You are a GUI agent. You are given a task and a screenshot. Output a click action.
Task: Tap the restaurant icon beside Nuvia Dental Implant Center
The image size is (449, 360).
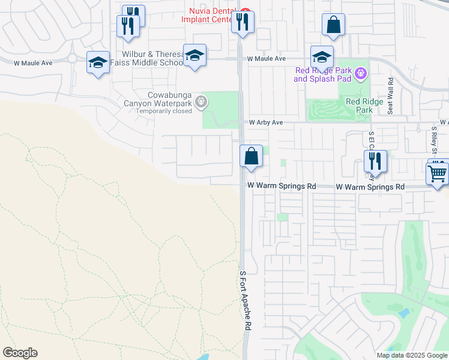pyautogui.click(x=243, y=23)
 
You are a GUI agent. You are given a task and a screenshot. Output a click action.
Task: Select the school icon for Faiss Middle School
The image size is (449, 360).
pyautogui.click(x=194, y=56)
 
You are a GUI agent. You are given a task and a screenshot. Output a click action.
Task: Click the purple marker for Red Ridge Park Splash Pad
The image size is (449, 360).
pyautogui.click(x=360, y=74)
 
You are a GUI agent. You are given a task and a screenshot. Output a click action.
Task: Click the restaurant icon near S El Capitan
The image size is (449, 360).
pyautogui.click(x=375, y=161)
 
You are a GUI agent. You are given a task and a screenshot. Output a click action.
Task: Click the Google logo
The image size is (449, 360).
pyautogui.click(x=20, y=353)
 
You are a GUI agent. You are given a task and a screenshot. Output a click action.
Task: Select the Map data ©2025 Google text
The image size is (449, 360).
pyautogui.click(x=411, y=355)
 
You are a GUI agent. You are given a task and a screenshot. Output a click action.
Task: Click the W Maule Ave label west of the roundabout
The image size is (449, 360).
pyautogui.click(x=35, y=62)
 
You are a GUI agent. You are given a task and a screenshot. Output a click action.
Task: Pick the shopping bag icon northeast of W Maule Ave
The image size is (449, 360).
pyautogui.click(x=333, y=25)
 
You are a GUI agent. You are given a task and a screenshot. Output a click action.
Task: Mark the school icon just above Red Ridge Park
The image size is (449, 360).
pyautogui.click(x=322, y=58)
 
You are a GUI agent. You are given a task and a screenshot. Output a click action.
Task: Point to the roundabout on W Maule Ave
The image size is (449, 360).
pyautogui.click(x=73, y=59)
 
